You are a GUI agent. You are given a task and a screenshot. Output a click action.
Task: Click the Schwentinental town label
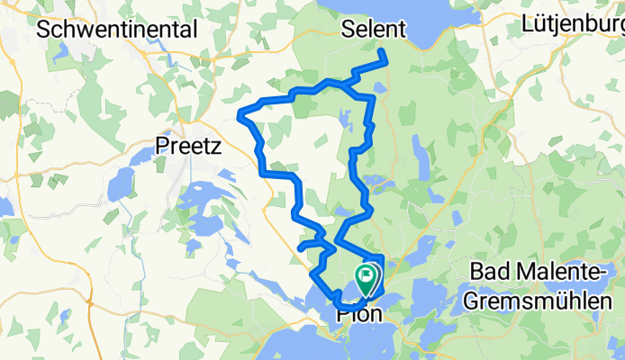[117, 29]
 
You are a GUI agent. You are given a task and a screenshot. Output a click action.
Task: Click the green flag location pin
[368, 278]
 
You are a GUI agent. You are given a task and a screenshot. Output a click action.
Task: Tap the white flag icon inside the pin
[368, 274]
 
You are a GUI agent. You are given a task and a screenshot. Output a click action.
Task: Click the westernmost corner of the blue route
[240, 113]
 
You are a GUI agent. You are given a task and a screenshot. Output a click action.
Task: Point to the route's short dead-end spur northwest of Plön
[300, 246]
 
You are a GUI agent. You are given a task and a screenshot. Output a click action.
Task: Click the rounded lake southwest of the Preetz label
[120, 185]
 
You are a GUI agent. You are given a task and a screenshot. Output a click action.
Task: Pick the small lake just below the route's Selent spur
[380, 86]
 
